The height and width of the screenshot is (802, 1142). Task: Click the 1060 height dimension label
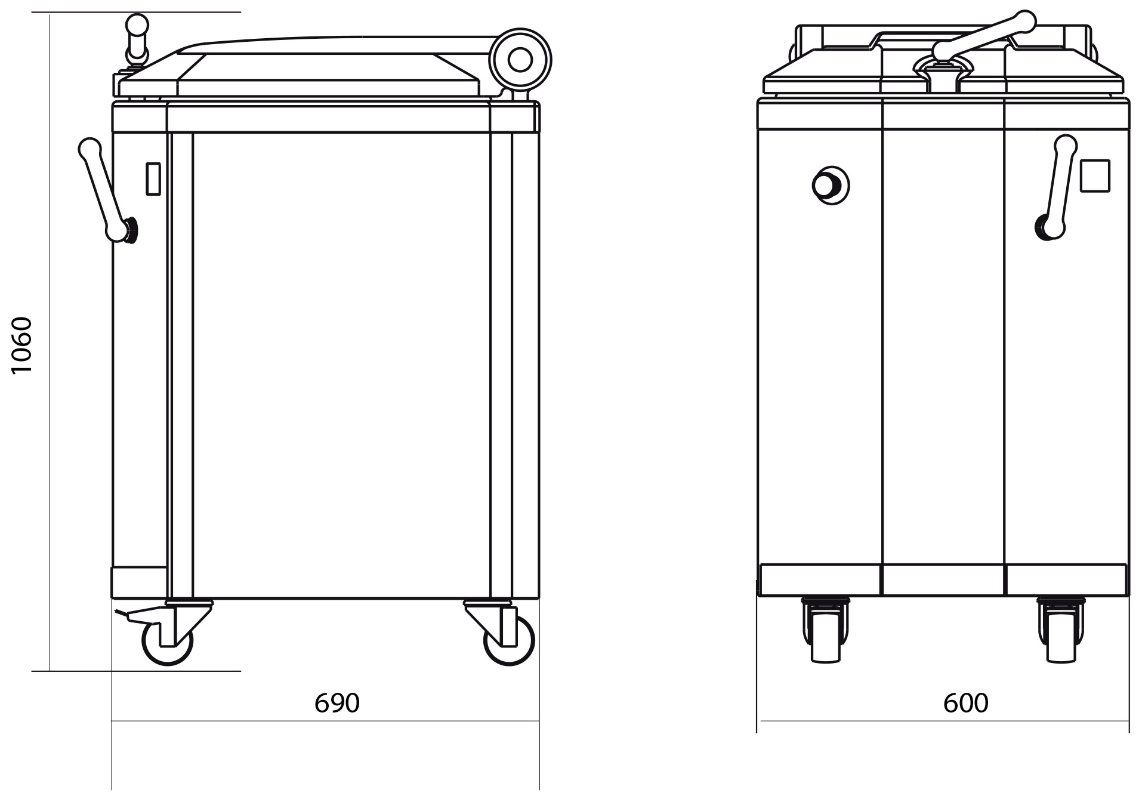coord(21,346)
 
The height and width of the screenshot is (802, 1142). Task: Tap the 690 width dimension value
coord(337,704)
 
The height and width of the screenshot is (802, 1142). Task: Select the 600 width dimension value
coord(965,704)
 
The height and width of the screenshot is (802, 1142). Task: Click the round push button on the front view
coord(830,185)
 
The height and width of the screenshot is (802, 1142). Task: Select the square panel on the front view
coord(1095,176)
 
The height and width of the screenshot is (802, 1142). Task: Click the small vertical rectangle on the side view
coord(153,178)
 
